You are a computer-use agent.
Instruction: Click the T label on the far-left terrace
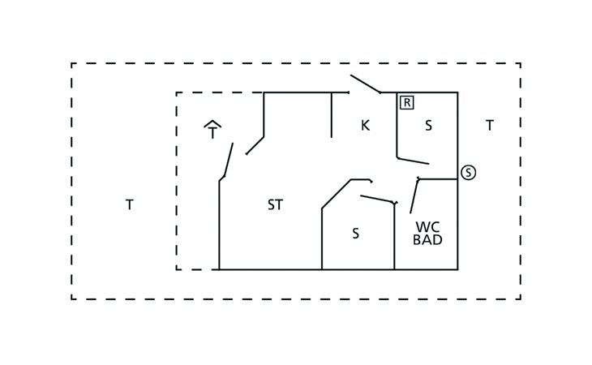[x=130, y=204]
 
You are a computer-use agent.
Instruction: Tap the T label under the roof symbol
[x=212, y=133]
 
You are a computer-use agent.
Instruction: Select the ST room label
[x=275, y=204]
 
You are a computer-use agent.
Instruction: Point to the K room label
[x=365, y=125]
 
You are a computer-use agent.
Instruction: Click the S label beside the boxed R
[x=428, y=125]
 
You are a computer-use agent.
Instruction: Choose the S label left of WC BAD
[x=355, y=234]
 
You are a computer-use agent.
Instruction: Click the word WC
[x=427, y=227]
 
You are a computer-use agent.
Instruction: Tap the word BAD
[x=427, y=240]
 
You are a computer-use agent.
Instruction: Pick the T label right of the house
[x=489, y=125]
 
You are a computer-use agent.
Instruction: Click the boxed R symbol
[x=407, y=102]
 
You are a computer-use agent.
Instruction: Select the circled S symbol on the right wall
[x=468, y=173]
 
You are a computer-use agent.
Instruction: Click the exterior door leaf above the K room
[x=365, y=84]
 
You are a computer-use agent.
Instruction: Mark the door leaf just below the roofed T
[x=229, y=160]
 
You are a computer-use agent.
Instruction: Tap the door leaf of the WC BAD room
[x=414, y=195]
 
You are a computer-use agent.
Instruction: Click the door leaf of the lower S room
[x=378, y=200]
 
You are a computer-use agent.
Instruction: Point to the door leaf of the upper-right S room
[x=413, y=161]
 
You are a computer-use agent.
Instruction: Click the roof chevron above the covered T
[x=212, y=124]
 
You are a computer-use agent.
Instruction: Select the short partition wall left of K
[x=332, y=114]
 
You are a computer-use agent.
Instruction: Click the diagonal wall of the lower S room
[x=337, y=194]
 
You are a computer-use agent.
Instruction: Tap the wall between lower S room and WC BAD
[x=395, y=236]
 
